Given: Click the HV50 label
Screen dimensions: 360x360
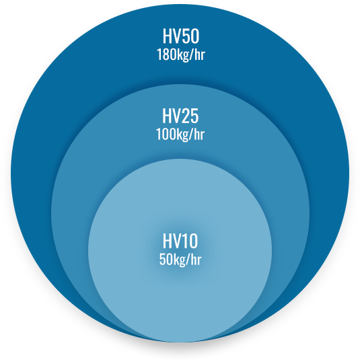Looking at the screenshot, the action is [181, 36].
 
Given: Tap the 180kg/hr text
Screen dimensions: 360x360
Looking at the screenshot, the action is [181, 55].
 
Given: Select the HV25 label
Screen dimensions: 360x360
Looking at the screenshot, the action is [180, 116].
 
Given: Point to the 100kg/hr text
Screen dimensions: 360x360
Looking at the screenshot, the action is [180, 135].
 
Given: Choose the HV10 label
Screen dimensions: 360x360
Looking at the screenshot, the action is [180, 241].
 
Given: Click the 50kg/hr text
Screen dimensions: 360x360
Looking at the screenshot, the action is [180, 260].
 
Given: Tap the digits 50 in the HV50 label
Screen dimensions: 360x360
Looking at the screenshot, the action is [190, 36].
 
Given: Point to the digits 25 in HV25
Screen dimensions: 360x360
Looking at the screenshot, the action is [190, 116].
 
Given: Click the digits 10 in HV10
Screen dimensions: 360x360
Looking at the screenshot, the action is [190, 241].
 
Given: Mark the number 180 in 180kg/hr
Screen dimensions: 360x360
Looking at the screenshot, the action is [164, 55].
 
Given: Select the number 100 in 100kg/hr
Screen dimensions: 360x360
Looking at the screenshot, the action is [164, 134].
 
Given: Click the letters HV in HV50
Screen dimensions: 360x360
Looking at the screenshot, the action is [172, 36].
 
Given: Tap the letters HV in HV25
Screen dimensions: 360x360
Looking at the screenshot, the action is [172, 116].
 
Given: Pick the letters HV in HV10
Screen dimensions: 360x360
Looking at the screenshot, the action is [172, 241].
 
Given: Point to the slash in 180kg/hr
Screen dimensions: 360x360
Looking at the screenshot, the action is [192, 55].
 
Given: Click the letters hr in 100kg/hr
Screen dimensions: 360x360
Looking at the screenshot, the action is [200, 134].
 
